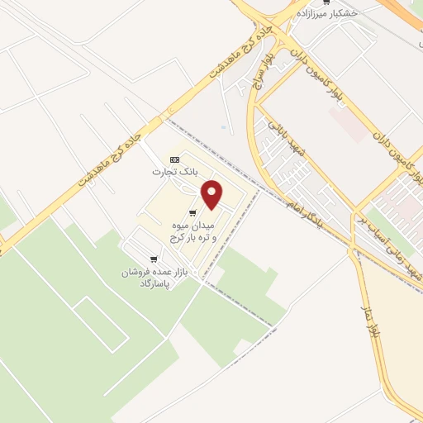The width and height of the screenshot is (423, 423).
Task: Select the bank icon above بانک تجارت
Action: pos(173,159)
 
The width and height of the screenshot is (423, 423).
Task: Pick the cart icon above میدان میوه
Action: pos(192,213)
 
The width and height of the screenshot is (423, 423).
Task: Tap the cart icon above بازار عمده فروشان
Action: pos(154,259)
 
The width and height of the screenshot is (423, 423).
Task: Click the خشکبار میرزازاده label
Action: pos(340,14)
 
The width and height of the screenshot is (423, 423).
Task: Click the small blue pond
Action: pos(223,127)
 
